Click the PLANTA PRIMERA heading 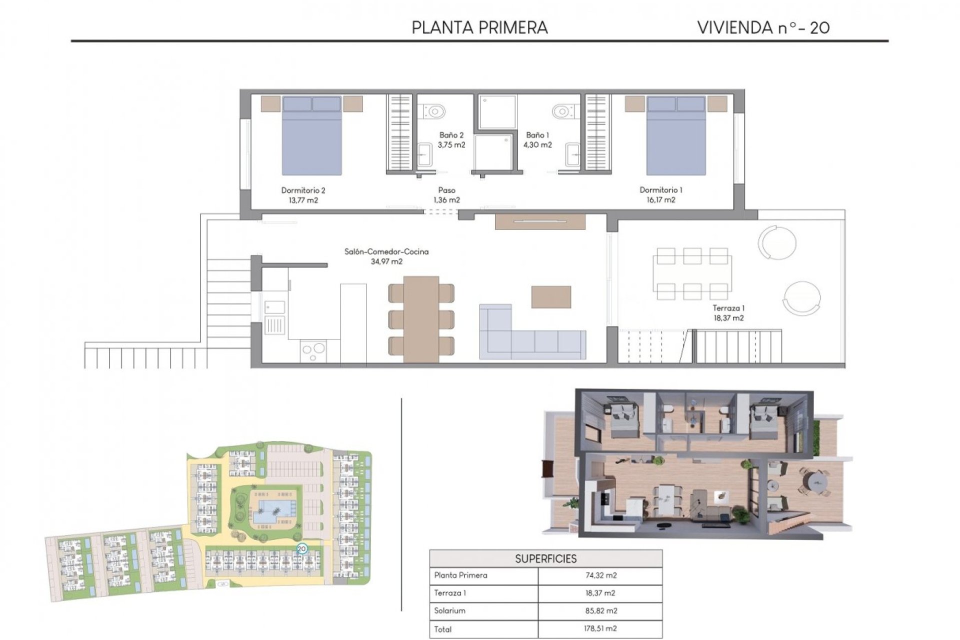coord(479,27)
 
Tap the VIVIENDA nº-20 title coord(763,27)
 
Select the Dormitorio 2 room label coord(303,190)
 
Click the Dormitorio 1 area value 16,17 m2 coord(660,200)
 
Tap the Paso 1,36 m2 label coord(446,195)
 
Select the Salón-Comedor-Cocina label coord(386,252)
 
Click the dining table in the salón coord(421,319)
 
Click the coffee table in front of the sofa coord(551,297)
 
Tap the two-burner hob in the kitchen coord(313,351)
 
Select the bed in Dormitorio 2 coord(311,136)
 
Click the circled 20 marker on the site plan coord(301,548)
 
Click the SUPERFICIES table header coord(545,558)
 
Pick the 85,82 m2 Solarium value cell coord(600,611)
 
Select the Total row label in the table coord(443,629)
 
